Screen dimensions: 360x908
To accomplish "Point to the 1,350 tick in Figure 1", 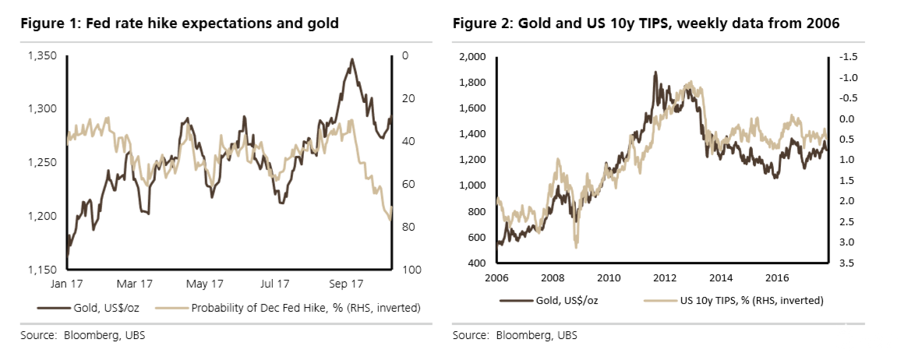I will click(43, 56).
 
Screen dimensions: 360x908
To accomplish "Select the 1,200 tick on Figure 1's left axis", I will click(43, 216).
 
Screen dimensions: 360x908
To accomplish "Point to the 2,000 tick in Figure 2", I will click(473, 56).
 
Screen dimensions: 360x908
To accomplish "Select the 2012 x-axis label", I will click(663, 277).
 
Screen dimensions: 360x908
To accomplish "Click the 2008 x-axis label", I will click(552, 277).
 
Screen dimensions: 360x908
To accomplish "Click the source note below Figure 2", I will click(515, 336).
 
